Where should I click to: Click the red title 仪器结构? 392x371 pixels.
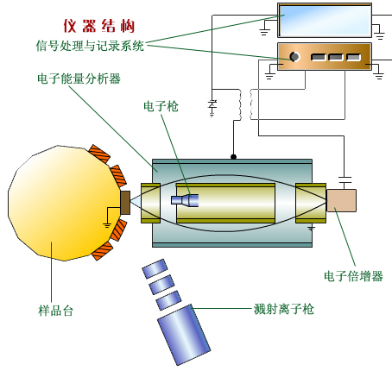[99, 26]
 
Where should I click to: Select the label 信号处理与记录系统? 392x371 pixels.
[90, 46]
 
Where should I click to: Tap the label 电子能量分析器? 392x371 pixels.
[79, 79]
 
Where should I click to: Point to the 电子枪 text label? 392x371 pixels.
[161, 106]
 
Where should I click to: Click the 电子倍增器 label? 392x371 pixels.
[353, 276]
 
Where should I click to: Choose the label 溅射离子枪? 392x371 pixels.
[283, 309]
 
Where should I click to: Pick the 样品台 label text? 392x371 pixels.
[56, 311]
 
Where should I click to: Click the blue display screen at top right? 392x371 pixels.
[325, 21]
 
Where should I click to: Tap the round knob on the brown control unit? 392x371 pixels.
[294, 57]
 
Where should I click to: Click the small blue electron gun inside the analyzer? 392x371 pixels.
[185, 200]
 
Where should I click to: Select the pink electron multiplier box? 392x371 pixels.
[341, 200]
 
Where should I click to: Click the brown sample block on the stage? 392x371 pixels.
[125, 203]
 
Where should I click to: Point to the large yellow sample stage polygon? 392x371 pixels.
[63, 203]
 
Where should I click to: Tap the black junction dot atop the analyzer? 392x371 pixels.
[233, 157]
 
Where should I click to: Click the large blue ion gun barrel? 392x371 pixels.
[184, 335]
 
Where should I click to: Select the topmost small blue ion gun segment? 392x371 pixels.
[155, 268]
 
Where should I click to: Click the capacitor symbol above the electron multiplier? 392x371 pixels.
[345, 180]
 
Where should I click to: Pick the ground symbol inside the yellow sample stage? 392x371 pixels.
[107, 224]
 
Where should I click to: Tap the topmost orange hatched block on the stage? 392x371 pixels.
[99, 154]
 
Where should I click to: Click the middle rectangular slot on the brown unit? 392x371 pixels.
[336, 57]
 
